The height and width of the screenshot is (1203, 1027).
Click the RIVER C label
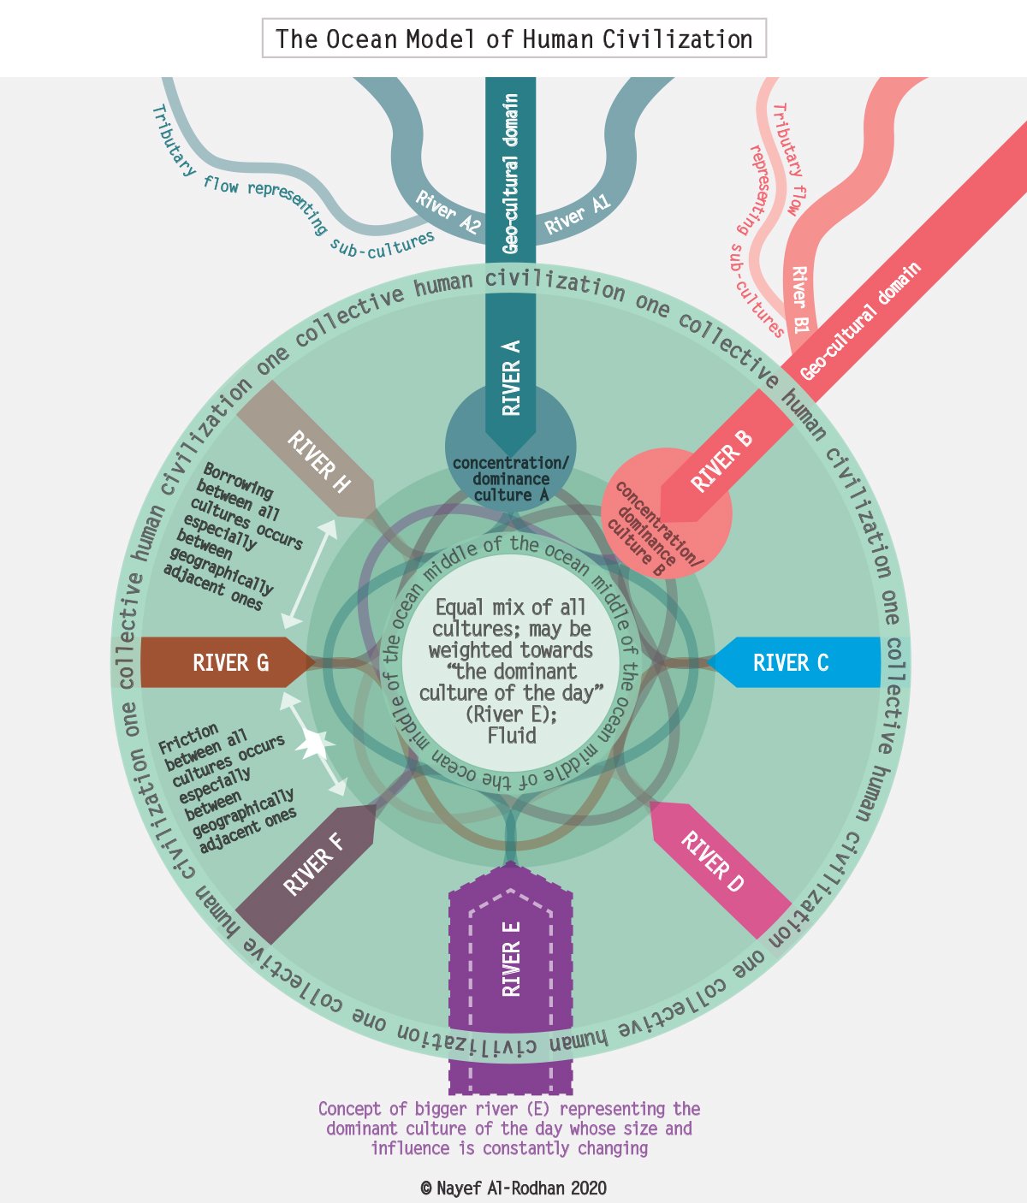[790, 663]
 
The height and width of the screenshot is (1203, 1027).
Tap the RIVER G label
[230, 663]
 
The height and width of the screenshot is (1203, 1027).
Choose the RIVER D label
[712, 862]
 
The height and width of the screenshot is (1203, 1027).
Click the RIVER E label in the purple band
[511, 969]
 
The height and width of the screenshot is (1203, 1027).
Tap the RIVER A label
[511, 377]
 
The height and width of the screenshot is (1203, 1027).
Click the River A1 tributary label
[578, 215]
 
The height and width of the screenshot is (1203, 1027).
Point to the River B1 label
[800, 299]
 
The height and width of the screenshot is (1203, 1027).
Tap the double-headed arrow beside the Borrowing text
[310, 572]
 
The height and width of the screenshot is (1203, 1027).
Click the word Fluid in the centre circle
[512, 736]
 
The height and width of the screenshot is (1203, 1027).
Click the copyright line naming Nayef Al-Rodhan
[513, 1188]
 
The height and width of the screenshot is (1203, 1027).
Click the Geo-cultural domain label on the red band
[860, 322]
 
